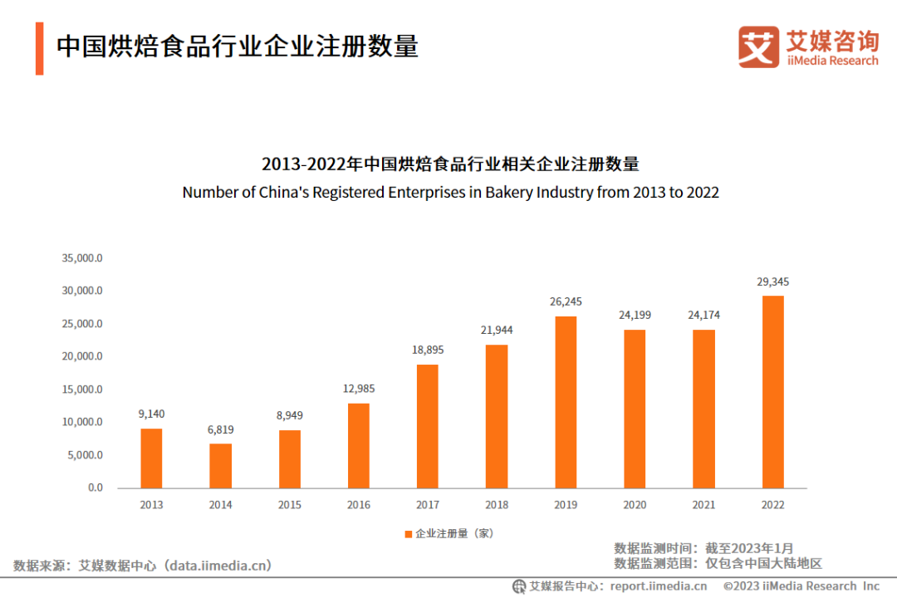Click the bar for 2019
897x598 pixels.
coord(565,402)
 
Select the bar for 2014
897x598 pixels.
coord(220,466)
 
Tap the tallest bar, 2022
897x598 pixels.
coord(772,392)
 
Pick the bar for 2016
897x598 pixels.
coord(358,446)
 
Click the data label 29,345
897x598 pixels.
coord(772,282)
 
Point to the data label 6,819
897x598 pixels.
coord(220,429)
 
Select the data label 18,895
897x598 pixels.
coord(427,350)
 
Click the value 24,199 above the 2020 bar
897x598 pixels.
coord(635,316)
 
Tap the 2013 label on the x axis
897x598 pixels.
coord(151,505)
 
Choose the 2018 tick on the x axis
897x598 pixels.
coord(497,505)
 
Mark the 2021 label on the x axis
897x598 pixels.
coord(703,505)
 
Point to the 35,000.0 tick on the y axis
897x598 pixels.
coord(82,258)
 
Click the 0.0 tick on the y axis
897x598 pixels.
coord(95,488)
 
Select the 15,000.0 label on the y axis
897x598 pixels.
coord(82,390)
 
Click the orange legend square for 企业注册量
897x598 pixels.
coord(409,534)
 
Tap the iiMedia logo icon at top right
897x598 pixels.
coord(758,47)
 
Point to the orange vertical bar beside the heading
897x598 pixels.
coord(39,48)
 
